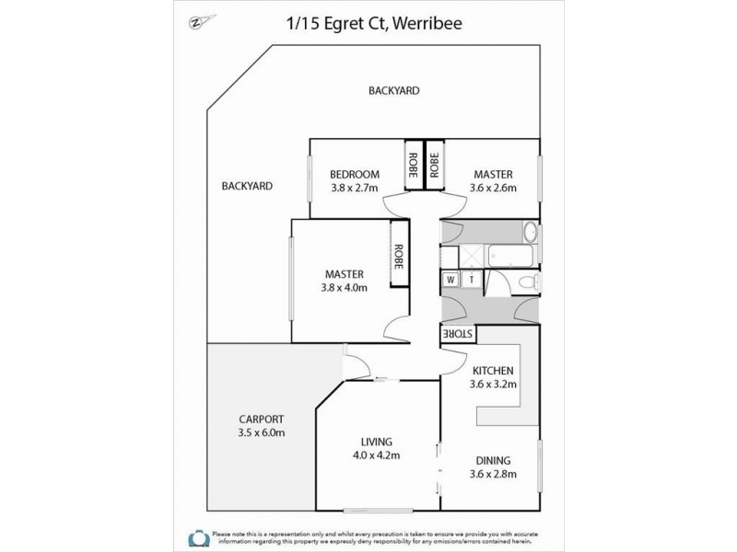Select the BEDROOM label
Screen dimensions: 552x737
355,175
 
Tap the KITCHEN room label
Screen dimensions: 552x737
491,370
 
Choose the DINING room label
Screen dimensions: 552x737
494,460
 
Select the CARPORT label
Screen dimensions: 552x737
259,420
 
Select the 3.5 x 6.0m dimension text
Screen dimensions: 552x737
259,432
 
